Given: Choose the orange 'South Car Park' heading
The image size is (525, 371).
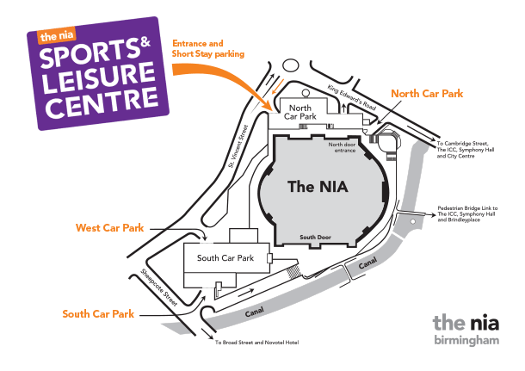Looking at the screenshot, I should (x=98, y=313).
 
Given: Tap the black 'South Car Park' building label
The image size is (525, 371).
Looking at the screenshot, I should (x=225, y=257).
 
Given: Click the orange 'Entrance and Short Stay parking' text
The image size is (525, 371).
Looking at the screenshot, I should (x=208, y=48).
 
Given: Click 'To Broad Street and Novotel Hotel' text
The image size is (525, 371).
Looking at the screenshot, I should (x=256, y=343).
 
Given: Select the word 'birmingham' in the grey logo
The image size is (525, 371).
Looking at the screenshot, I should (x=466, y=341).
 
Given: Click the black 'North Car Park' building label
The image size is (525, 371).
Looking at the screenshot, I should (x=299, y=111).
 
